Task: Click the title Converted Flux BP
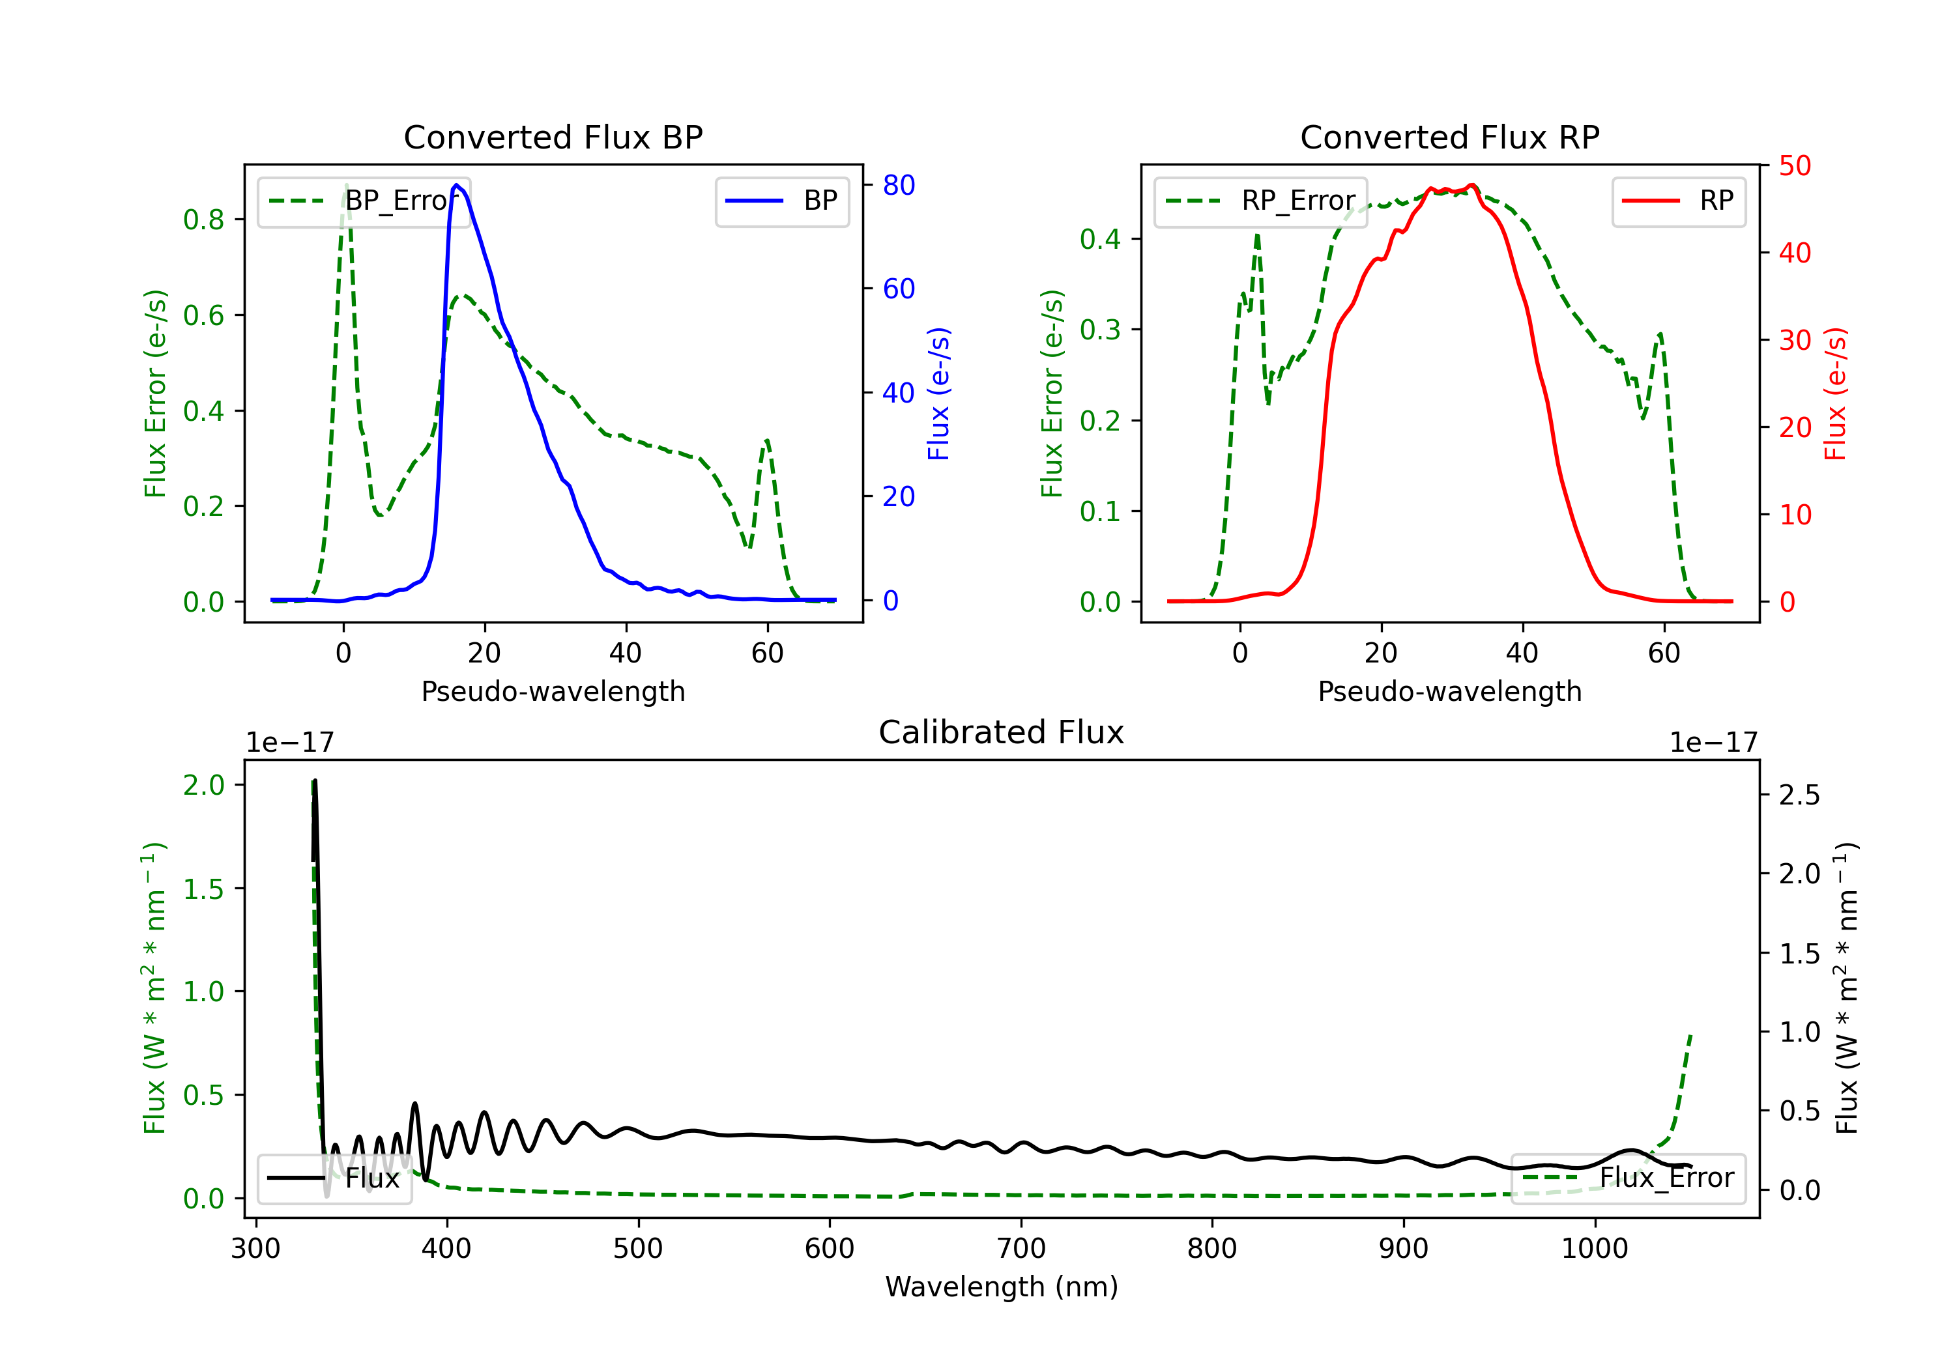[x=553, y=137]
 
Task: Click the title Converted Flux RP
[x=1449, y=137]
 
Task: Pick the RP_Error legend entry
[x=1261, y=201]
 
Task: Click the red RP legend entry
[x=1678, y=201]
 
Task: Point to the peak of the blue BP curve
[x=456, y=185]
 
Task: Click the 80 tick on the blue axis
[x=898, y=185]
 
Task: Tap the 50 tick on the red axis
[x=1795, y=165]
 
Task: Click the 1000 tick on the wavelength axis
[x=1594, y=1249]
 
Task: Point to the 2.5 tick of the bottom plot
[x=1799, y=795]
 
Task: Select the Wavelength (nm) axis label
[x=1002, y=1287]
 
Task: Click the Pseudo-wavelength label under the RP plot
[x=1449, y=691]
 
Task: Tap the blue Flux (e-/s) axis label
[x=938, y=393]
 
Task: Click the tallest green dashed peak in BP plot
[x=345, y=186]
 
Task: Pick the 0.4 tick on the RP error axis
[x=1100, y=239]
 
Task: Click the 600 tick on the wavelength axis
[x=830, y=1249]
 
